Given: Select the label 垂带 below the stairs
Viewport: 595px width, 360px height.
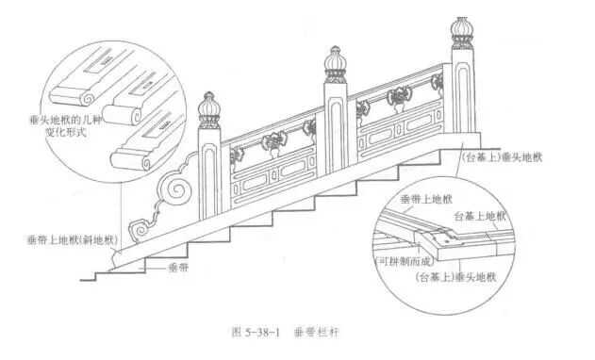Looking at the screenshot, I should click(178, 267).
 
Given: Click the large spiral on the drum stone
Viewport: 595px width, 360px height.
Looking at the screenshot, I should click(176, 190).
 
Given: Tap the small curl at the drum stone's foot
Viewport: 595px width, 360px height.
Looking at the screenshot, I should click(139, 227).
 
